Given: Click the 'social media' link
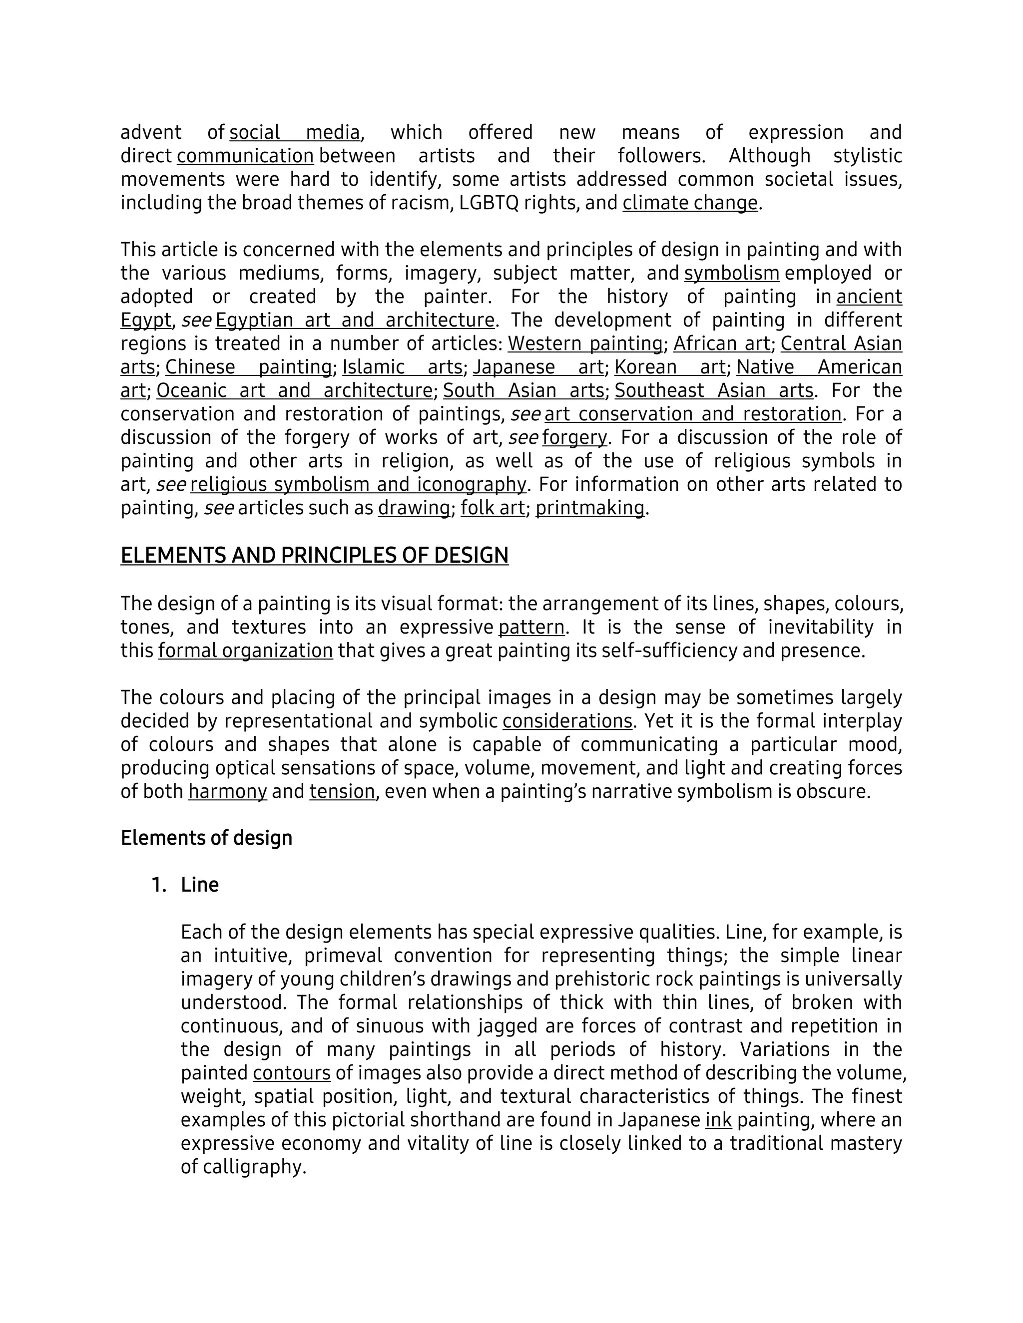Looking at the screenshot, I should click(x=295, y=133).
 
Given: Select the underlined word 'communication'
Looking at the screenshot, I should click(x=245, y=156).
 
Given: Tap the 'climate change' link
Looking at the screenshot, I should click(x=690, y=203).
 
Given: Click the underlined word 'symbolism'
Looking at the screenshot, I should click(x=731, y=274).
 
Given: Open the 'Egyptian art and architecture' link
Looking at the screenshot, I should click(x=355, y=321).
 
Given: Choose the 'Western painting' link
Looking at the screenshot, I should click(x=585, y=344).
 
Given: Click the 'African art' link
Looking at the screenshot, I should click(x=721, y=344).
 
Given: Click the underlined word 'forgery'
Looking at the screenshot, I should click(x=574, y=438).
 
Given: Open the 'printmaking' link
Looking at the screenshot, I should click(x=590, y=508).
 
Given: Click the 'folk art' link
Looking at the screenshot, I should click(x=492, y=508).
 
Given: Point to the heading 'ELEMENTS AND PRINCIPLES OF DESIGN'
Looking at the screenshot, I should click(x=315, y=556).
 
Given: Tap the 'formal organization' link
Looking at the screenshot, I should click(x=245, y=651).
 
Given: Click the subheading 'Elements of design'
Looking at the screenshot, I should click(x=207, y=838).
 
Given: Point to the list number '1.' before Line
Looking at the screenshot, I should click(x=159, y=886).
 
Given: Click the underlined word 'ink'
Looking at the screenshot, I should click(x=718, y=1121).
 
